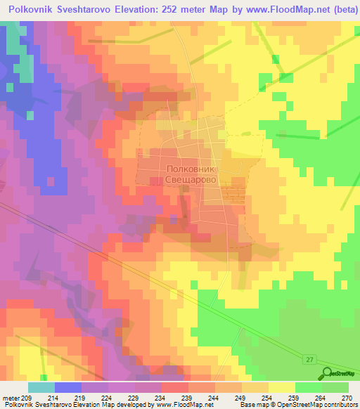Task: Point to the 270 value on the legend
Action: tap(347, 398)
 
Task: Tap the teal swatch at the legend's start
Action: tap(41, 387)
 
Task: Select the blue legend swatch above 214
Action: tap(68, 387)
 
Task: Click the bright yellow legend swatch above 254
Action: tap(282, 387)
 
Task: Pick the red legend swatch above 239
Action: tap(175, 387)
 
